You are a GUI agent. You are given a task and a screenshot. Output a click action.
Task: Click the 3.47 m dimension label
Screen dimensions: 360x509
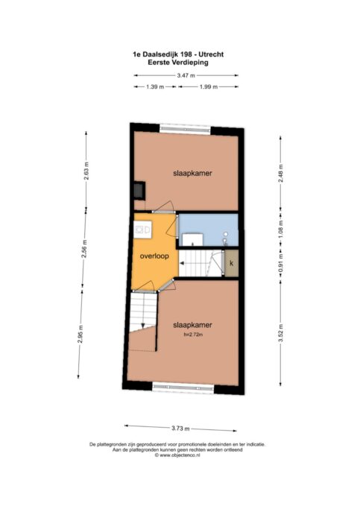(x=186, y=75)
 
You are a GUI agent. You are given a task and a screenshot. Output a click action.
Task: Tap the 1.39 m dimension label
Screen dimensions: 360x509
(x=155, y=86)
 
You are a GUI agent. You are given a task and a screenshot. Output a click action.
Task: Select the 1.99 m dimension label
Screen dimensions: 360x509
(x=209, y=86)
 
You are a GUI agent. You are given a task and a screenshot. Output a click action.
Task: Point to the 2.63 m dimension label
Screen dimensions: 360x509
(x=86, y=171)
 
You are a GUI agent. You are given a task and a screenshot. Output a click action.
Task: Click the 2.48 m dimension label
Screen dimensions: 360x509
(x=281, y=173)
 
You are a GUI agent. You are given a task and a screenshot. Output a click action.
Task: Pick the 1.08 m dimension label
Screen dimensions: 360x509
(x=281, y=229)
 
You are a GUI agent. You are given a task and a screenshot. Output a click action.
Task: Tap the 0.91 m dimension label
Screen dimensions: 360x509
(x=281, y=263)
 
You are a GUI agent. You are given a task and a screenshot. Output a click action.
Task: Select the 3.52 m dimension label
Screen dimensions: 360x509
(x=281, y=333)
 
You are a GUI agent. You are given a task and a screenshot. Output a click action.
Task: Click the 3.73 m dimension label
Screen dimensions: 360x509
(x=180, y=429)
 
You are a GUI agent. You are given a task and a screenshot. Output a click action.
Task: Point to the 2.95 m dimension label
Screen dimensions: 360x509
(x=80, y=334)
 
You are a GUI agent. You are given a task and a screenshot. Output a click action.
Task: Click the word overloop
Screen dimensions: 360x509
(x=154, y=256)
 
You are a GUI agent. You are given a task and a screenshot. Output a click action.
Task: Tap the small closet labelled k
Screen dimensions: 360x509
(x=232, y=263)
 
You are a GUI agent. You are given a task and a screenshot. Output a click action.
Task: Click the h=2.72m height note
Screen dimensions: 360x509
(x=193, y=335)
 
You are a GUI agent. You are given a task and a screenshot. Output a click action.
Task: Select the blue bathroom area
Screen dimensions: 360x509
(x=209, y=229)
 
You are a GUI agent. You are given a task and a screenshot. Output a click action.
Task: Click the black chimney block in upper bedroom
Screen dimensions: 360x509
(x=139, y=191)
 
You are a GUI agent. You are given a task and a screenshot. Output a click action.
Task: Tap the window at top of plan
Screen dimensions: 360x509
(x=185, y=130)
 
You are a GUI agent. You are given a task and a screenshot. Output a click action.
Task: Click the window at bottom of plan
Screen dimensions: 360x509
(x=183, y=388)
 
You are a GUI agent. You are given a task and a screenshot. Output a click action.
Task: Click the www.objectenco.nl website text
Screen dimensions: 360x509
(x=177, y=455)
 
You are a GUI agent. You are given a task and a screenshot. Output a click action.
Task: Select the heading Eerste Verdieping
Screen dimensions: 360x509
(x=178, y=63)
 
